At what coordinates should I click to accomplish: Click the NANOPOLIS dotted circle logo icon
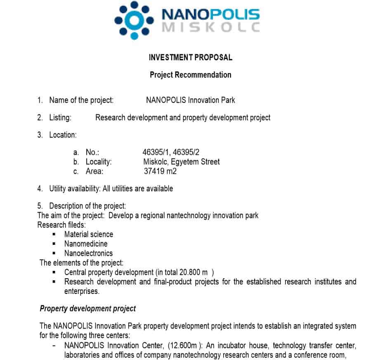pos(134,20)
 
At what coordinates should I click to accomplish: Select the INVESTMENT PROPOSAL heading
pos(191,57)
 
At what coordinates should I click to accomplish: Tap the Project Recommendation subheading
pos(191,75)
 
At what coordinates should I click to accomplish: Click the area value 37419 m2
pos(160,171)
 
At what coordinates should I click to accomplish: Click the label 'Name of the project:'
pos(81,100)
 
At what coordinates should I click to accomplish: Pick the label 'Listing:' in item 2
pos(60,118)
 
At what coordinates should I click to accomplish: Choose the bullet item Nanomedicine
pos(86,244)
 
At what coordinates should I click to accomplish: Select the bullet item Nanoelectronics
pos(88,253)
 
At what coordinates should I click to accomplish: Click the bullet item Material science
pos(89,234)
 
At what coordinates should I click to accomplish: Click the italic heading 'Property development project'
pos(88,308)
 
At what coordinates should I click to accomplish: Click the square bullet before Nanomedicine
pos(54,244)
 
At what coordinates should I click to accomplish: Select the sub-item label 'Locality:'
pos(99,161)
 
